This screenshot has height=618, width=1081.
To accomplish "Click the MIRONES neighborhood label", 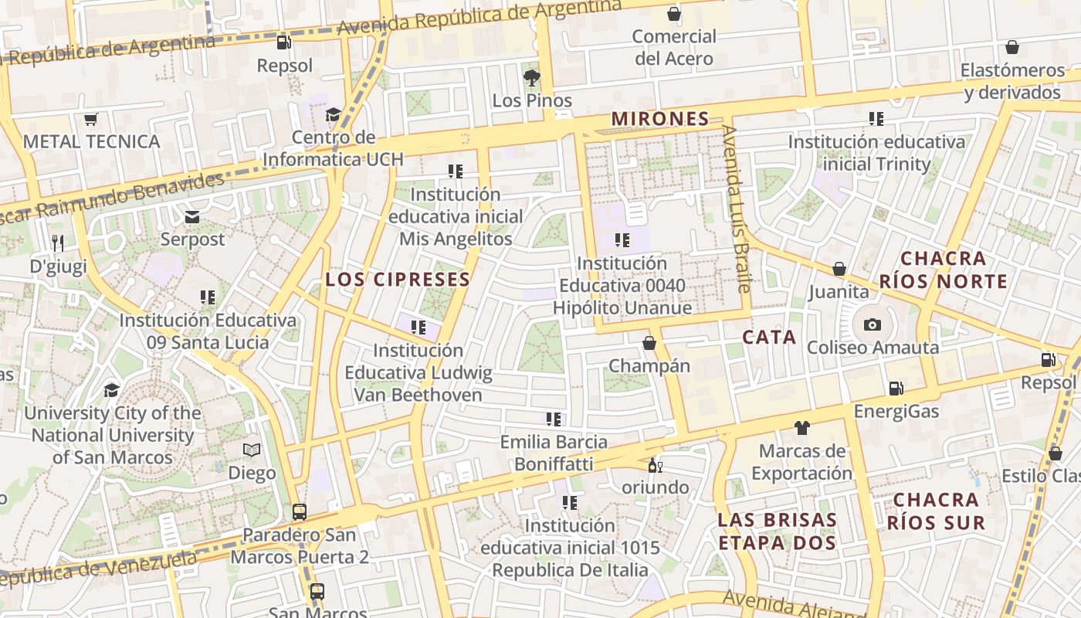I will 660,119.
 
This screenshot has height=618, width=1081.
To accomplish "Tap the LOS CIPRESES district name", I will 398,279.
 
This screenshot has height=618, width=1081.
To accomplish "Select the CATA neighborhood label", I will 769,337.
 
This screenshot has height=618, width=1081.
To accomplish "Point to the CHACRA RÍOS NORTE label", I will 944,270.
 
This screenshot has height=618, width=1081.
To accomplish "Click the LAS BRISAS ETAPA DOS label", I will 778,531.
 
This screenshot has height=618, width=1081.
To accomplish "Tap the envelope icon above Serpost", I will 192,217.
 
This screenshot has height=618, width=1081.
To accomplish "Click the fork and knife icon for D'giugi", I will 58,243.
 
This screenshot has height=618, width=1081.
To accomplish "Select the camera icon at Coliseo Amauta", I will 873,324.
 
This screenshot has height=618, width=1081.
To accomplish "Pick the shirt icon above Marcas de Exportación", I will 801,427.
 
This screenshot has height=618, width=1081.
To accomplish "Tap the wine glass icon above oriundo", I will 655,465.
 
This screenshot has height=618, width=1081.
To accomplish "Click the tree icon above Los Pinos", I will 531,77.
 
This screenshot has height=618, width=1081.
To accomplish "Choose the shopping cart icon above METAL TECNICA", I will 91,119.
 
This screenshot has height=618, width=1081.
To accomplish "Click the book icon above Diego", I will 252,450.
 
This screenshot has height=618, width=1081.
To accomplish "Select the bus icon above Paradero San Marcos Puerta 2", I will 300,511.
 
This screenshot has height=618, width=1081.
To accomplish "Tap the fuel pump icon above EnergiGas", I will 896,388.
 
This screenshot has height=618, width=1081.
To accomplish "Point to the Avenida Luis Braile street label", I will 736,209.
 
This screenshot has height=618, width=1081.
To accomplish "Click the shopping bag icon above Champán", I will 649,342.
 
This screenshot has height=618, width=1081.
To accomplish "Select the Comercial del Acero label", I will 674,47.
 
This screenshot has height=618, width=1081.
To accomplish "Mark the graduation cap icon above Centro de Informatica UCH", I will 333,115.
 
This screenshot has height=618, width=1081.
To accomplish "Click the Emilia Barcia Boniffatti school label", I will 554,453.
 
